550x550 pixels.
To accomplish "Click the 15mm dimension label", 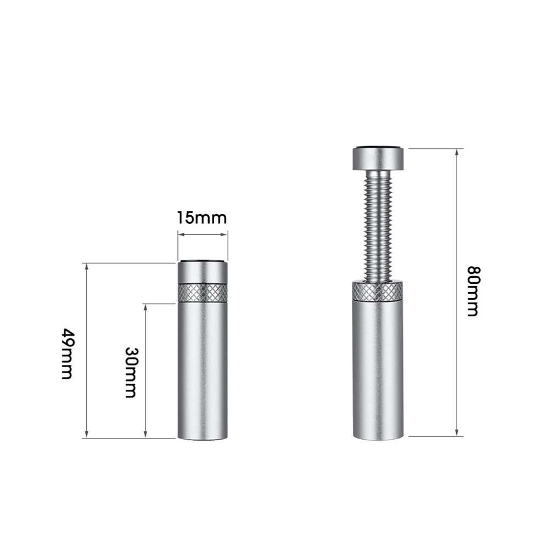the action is (201, 218).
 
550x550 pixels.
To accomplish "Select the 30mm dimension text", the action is (131, 373).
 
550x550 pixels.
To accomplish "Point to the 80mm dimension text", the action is (473, 291).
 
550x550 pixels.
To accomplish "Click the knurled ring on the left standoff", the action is (203, 293).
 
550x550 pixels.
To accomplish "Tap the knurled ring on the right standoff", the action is (378, 291).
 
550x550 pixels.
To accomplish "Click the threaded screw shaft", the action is (378, 226).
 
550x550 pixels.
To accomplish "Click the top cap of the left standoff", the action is (203, 272).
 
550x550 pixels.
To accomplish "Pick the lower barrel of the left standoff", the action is (203, 371).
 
